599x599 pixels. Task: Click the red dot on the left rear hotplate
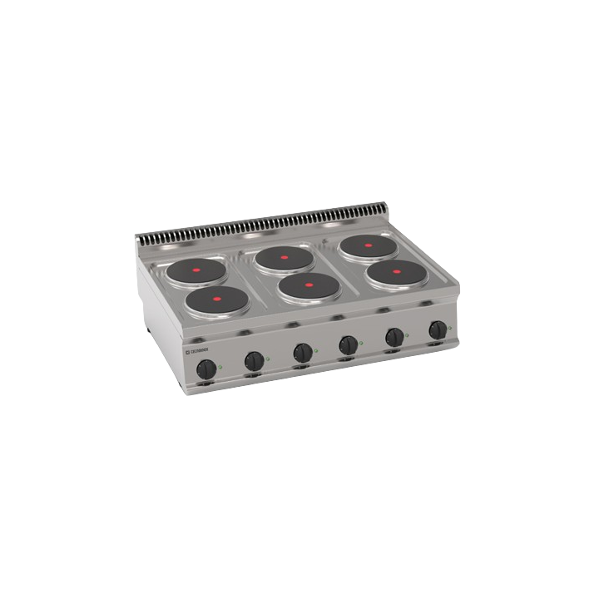pos(197,270)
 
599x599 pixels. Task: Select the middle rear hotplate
pos(284,258)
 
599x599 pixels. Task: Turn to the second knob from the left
pos(254,360)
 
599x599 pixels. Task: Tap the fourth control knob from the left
pos(349,344)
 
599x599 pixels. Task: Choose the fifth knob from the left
pos(394,336)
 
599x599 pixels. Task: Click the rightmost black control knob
pos(436,329)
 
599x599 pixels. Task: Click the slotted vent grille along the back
pos(266,225)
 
